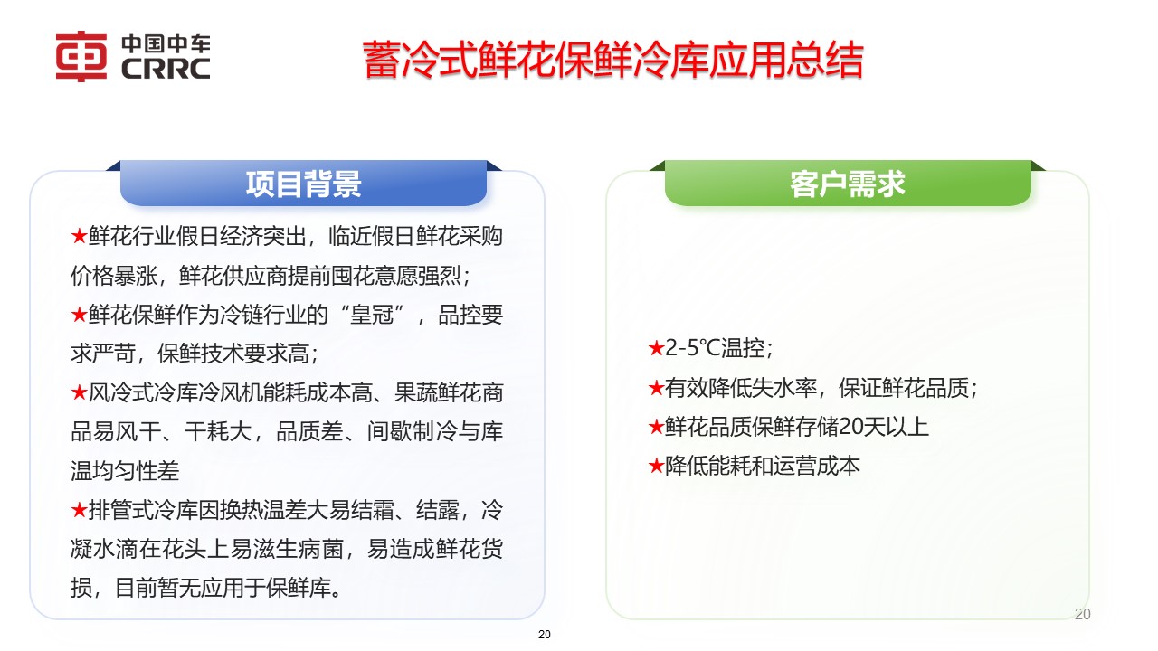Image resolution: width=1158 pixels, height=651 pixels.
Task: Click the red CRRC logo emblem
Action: pyautogui.click(x=81, y=57)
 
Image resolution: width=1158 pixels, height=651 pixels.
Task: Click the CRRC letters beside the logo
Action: pyautogui.click(x=165, y=69)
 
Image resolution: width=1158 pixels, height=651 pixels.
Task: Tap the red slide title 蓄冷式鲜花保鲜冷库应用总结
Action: pyautogui.click(x=613, y=61)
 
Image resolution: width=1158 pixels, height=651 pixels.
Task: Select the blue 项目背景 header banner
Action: pyautogui.click(x=303, y=184)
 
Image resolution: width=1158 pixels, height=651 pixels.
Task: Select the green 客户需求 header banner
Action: pyautogui.click(x=848, y=184)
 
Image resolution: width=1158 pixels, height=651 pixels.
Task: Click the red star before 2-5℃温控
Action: pyautogui.click(x=656, y=348)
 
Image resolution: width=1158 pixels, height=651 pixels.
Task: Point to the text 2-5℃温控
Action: pyautogui.click(x=719, y=348)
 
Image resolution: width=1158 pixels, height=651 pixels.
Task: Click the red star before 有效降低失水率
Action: pyautogui.click(x=656, y=388)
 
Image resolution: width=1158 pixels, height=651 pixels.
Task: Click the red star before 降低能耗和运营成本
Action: pyautogui.click(x=656, y=466)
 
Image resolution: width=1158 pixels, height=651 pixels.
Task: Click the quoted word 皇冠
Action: pyautogui.click(x=379, y=315)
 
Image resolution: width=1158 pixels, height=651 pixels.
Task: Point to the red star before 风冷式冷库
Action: pyautogui.click(x=79, y=393)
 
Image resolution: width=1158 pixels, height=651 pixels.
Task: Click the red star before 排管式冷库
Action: pyautogui.click(x=79, y=510)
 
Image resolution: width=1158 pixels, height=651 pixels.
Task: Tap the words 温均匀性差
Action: pyautogui.click(x=125, y=470)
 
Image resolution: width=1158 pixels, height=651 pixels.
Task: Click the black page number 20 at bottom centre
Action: pyautogui.click(x=544, y=635)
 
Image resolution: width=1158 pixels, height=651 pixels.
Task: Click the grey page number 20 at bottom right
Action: pyautogui.click(x=1082, y=615)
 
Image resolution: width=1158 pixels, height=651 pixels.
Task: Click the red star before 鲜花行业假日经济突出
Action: pyautogui.click(x=79, y=237)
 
